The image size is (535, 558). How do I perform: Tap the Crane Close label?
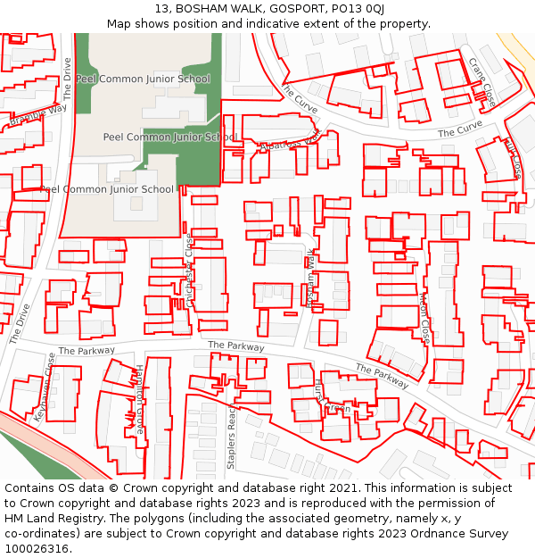tap(482, 82)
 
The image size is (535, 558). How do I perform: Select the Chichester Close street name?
tap(189, 271)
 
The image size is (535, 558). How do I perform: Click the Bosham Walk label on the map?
tap(310, 279)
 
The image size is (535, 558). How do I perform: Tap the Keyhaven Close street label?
tap(45, 387)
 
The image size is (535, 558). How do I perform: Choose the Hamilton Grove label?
tap(139, 399)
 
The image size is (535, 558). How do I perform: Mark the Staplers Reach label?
tap(231, 438)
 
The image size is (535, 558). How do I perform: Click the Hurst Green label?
tap(326, 398)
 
